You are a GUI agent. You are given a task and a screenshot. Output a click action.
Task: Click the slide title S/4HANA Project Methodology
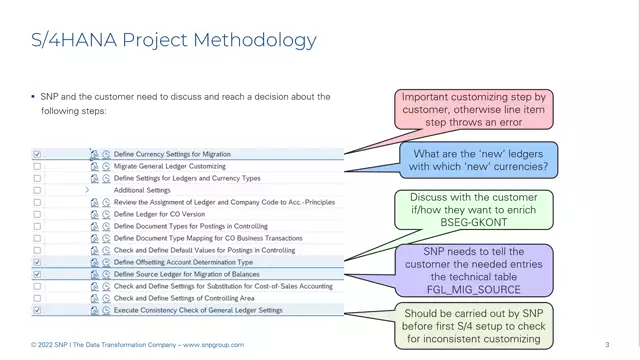[174, 40]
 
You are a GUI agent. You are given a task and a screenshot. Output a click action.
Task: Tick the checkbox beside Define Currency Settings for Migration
[37, 155]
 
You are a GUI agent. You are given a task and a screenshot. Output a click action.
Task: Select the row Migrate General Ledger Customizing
[169, 166]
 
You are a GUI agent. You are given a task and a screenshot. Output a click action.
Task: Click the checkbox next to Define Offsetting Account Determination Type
[37, 262]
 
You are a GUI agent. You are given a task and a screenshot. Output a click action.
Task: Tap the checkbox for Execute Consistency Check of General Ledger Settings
[37, 310]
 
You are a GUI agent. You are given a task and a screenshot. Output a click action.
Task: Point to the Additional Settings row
[142, 190]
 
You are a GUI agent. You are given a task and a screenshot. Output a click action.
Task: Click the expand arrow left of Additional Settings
[88, 190]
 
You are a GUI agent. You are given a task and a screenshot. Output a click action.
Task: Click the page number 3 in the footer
[607, 345]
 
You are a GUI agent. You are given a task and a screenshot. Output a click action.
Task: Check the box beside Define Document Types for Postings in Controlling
[37, 226]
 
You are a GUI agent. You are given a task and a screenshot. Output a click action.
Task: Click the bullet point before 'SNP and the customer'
[32, 97]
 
